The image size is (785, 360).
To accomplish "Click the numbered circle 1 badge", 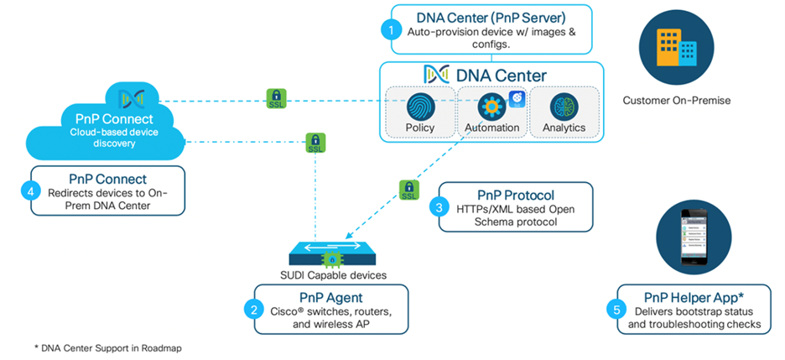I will (388, 29).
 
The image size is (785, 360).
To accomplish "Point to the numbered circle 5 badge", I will (617, 310).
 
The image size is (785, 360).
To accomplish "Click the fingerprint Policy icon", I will (420, 107).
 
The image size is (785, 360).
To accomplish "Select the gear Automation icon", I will (491, 107).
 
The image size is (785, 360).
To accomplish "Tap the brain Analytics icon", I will (564, 107).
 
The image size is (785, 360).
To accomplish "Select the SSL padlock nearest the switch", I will (408, 189).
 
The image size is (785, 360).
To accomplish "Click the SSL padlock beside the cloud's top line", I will (275, 99).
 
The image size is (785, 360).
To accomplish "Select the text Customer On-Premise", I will (676, 101).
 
